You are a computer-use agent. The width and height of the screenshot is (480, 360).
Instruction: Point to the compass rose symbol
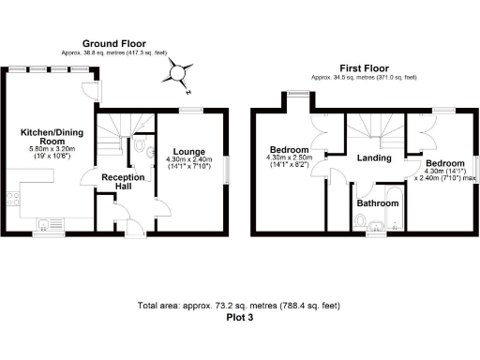click(180, 74)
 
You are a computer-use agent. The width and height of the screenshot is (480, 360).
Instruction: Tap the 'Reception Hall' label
click(123, 182)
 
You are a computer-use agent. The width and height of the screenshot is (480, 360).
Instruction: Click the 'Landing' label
click(374, 158)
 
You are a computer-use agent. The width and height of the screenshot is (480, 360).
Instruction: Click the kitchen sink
click(47, 223)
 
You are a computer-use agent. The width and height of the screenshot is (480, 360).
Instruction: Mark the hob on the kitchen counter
click(12, 198)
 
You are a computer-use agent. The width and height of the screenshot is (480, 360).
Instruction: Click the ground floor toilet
click(139, 147)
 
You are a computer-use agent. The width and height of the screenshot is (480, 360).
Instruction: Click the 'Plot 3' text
click(240, 317)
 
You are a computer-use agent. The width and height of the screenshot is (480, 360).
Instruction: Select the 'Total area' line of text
click(240, 306)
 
